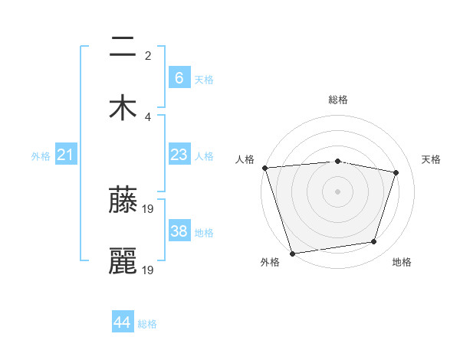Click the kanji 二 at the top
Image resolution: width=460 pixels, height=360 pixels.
click(123, 47)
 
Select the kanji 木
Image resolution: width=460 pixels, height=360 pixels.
click(123, 106)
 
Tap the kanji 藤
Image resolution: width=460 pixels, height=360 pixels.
click(123, 201)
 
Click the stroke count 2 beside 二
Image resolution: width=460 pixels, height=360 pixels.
click(148, 56)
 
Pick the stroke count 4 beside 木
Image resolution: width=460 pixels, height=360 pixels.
click(148, 116)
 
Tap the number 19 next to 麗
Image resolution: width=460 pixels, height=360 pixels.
click(149, 270)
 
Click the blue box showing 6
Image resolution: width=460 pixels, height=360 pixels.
click(179, 77)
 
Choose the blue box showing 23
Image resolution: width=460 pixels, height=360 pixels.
click(179, 155)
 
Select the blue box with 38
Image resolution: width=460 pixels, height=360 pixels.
click(179, 231)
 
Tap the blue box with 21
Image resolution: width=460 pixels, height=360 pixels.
click(66, 155)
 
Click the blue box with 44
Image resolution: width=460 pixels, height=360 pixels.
click(123, 322)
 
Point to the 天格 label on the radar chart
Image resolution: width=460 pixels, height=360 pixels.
click(432, 159)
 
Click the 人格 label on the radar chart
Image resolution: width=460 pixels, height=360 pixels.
click(245, 159)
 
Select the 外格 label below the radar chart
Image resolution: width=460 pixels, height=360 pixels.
click(270, 263)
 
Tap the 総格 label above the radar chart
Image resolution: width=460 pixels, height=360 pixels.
click(338, 100)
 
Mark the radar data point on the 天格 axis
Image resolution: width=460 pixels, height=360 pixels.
click(396, 172)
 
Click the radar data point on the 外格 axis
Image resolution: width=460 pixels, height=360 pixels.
click(292, 253)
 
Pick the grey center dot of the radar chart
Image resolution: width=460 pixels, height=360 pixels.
click(338, 191)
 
